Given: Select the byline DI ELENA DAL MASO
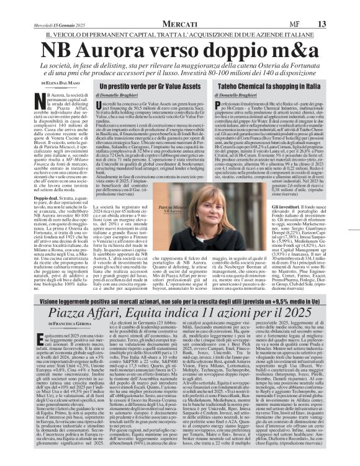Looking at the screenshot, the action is pos(62,83).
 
